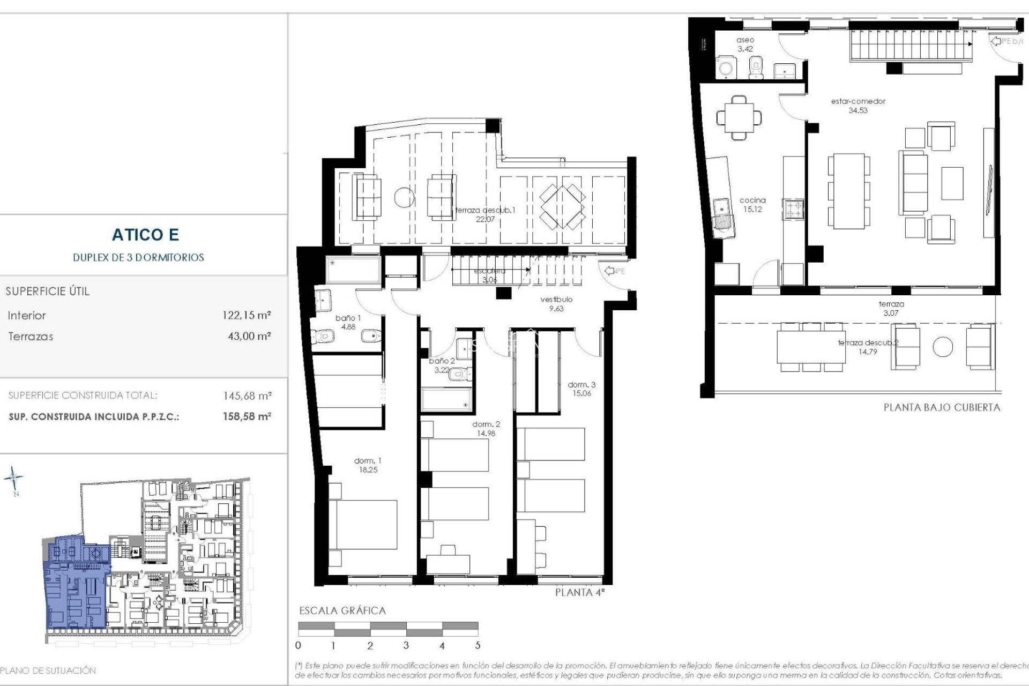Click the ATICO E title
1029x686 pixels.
(x=145, y=235)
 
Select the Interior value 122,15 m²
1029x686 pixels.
(x=247, y=316)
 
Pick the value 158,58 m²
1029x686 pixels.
(x=247, y=416)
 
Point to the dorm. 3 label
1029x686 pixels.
(x=581, y=389)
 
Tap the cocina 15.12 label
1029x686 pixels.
(x=752, y=205)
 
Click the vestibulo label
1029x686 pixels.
(x=556, y=303)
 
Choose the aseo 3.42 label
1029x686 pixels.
(x=745, y=44)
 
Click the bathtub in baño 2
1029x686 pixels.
(x=446, y=399)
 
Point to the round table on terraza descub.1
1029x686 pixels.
(x=405, y=197)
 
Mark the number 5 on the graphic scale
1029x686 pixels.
(x=478, y=646)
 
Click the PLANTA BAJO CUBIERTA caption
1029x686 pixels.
(x=942, y=407)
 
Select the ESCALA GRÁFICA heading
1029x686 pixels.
(x=342, y=610)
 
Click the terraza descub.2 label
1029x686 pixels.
(x=868, y=347)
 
